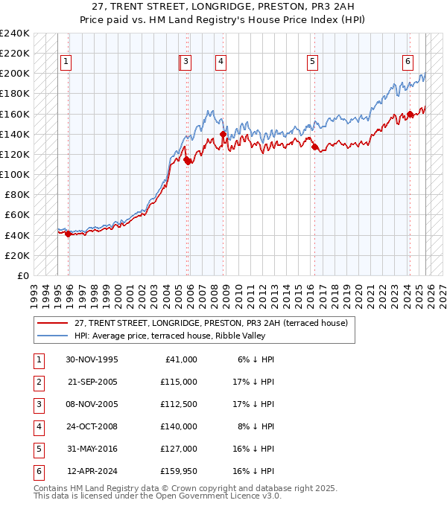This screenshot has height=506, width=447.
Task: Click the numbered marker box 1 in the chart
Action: (66, 63)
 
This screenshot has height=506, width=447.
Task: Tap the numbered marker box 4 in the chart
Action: (221, 63)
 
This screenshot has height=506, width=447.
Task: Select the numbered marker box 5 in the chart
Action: (312, 63)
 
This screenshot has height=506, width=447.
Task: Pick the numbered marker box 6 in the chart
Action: (408, 63)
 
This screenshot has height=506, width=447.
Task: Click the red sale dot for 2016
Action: (314, 147)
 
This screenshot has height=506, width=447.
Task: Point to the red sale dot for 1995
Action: (69, 234)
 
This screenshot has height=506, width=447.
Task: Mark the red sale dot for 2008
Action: (223, 134)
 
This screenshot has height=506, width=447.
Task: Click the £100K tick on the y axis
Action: (14, 174)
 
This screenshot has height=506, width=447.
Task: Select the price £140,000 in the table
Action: (180, 427)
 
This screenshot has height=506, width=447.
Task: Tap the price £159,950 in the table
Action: (180, 472)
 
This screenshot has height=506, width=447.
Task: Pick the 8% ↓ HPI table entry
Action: (256, 427)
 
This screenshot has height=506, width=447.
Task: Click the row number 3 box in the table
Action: (37, 405)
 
